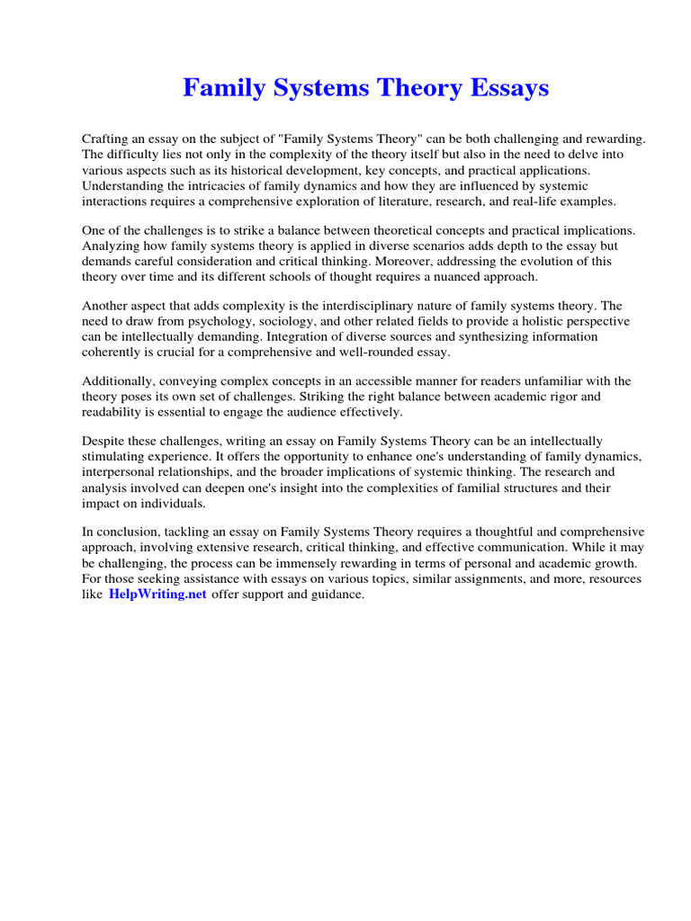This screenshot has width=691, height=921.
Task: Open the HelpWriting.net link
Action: tap(158, 595)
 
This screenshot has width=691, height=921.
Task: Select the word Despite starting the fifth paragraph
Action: tap(104, 442)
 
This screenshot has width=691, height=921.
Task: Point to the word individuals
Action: tap(166, 503)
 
